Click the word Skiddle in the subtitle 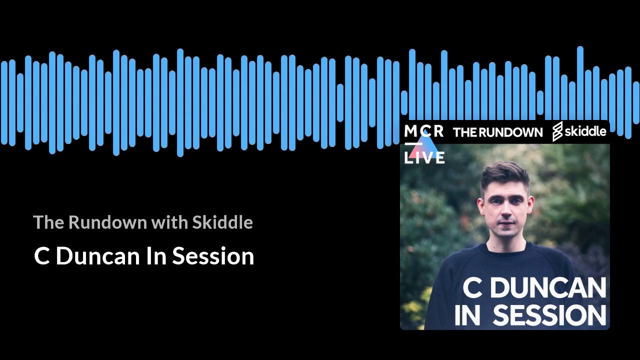point(222,222)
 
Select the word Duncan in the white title point(97,256)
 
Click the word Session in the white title point(213,256)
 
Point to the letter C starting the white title point(41,256)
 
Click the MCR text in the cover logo point(423,131)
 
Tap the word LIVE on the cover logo point(424,158)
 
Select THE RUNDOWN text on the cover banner point(497,132)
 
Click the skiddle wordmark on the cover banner point(586,131)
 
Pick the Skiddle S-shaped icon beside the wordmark point(557,131)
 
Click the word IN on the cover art point(467,315)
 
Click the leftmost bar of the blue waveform point(4,102)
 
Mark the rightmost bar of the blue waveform point(636,102)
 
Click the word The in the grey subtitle point(47,222)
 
